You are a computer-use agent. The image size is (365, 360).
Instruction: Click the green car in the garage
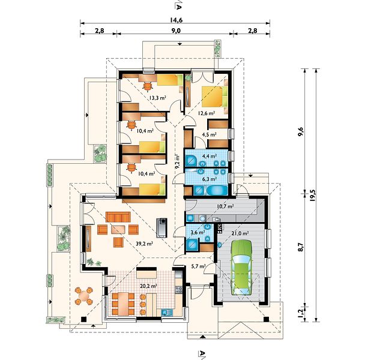click(242, 268)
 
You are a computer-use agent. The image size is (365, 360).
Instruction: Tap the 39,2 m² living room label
click(144, 244)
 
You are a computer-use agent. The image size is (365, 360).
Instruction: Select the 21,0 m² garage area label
click(241, 233)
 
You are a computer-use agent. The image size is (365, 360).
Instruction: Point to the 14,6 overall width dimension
click(176, 20)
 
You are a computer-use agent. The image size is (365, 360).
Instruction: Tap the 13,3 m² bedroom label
click(157, 98)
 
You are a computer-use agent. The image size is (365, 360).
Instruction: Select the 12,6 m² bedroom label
click(207, 113)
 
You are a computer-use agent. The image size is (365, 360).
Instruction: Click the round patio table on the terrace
click(83, 296)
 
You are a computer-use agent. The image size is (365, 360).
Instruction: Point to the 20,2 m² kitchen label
click(148, 286)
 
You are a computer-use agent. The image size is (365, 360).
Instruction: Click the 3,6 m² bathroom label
click(198, 232)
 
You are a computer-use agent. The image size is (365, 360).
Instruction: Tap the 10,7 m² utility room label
click(225, 206)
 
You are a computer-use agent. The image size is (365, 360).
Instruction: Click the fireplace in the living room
click(161, 227)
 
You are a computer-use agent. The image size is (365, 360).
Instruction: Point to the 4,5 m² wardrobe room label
click(210, 134)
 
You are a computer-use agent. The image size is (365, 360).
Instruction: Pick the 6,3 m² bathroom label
click(210, 179)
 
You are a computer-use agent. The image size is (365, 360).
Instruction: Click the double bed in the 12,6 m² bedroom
click(214, 97)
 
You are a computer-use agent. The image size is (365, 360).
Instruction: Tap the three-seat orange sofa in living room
click(118, 217)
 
